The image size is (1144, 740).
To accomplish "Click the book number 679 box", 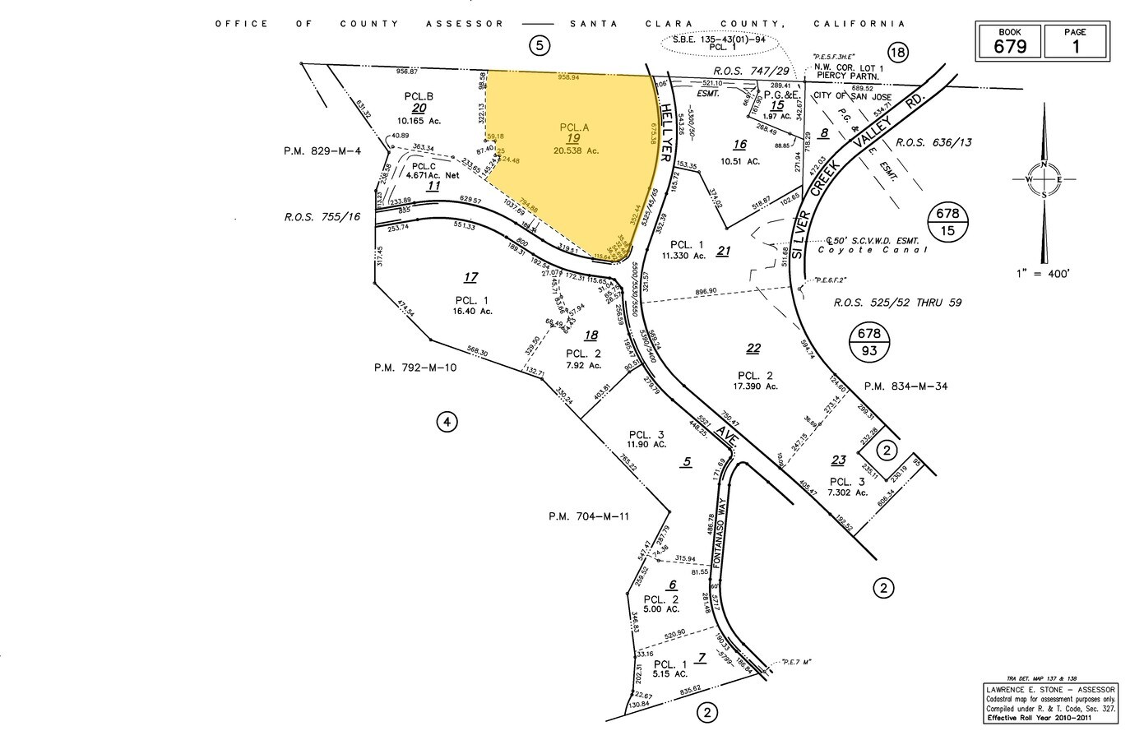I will tap(1009, 41).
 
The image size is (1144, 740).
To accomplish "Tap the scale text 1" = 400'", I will tap(1044, 272).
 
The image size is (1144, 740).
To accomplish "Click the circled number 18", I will tap(896, 53).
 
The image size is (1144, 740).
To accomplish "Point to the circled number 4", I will tap(446, 423).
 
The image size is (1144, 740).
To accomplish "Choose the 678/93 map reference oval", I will tap(869, 342).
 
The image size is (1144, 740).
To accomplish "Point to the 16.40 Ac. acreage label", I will tap(471, 311).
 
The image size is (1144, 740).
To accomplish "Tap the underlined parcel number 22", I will tap(753, 349).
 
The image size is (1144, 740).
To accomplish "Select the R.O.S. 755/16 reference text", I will tap(322, 217).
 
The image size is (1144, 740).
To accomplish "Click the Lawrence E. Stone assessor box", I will tap(1050, 703).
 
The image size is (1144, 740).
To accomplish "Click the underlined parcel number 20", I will tap(419, 108).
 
